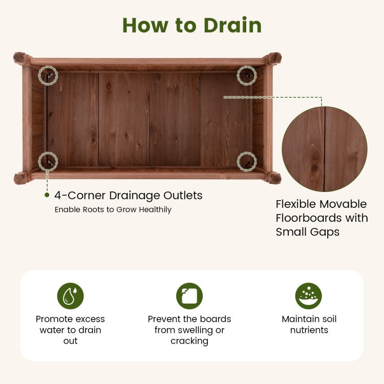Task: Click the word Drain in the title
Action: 232,25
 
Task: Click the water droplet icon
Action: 70,296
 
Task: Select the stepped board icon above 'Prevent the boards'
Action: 189,296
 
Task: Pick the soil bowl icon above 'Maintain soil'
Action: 309,296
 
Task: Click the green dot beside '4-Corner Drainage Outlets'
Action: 47,195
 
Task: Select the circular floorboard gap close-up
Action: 325,149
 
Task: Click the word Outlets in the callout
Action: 183,196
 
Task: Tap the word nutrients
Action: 309,330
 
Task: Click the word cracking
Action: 189,341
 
